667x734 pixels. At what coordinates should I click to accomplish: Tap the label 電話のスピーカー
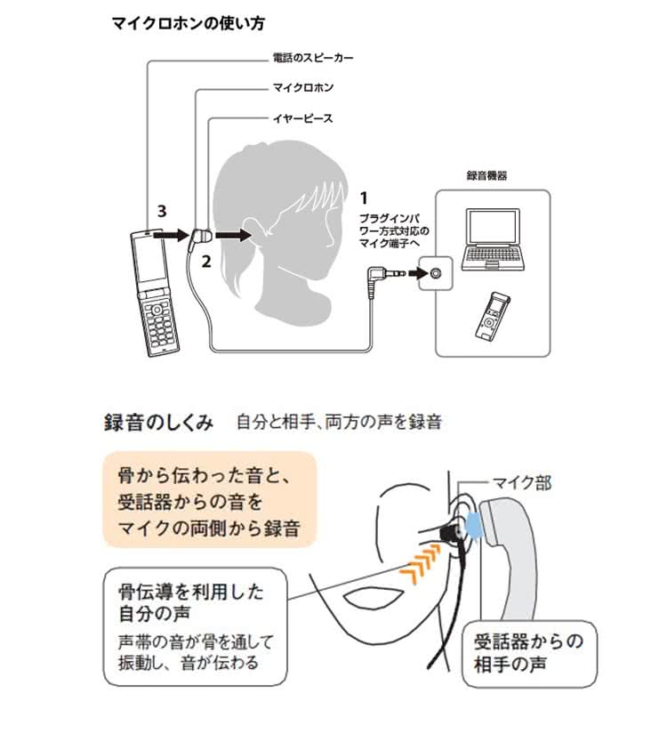click(313, 60)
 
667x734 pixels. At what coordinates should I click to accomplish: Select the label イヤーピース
click(302, 117)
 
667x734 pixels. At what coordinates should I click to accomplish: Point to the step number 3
click(161, 211)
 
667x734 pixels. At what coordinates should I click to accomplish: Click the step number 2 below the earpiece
click(205, 262)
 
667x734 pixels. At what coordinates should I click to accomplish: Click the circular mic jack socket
click(434, 273)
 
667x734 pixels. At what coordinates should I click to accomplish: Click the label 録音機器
click(487, 177)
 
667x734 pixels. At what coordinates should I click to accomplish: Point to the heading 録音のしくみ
click(159, 423)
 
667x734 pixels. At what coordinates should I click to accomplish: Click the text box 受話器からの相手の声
click(528, 653)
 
